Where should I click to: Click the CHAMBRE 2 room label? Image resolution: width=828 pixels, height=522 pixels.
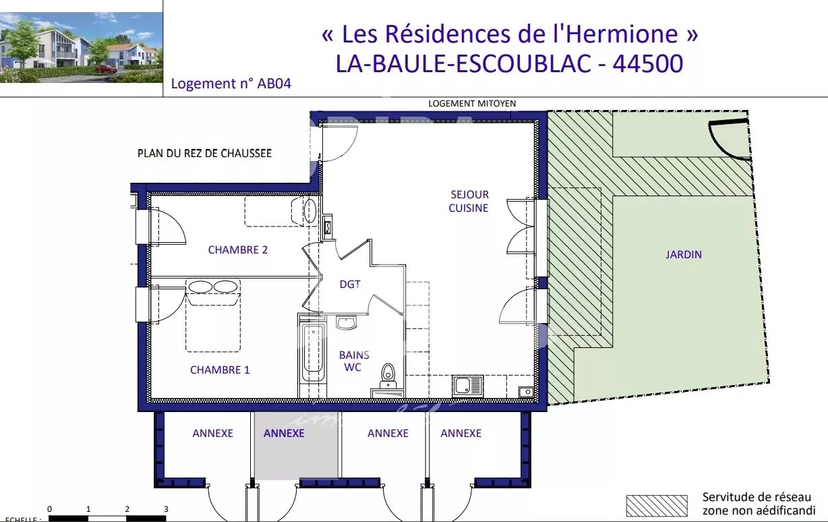coord(238,250)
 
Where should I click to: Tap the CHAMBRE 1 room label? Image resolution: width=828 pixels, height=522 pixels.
coord(220,370)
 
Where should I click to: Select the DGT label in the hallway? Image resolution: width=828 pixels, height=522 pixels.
coord(350,285)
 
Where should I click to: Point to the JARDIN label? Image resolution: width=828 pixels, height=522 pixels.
coord(684,254)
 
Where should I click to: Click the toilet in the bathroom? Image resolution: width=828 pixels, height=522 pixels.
coord(388,375)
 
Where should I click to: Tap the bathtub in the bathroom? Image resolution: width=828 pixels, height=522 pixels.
coord(313,352)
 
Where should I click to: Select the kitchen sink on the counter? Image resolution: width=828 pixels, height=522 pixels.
coord(467,386)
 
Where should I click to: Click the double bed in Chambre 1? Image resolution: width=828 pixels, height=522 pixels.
coord(213,316)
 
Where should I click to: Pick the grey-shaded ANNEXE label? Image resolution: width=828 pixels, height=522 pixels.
coord(284,433)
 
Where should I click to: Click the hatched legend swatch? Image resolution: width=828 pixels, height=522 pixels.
coord(657,506)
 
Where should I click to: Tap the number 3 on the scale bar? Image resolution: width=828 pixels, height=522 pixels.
coord(166,509)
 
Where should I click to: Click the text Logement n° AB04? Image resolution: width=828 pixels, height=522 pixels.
coord(231,84)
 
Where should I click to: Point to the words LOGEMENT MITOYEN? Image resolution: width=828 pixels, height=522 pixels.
coord(472,103)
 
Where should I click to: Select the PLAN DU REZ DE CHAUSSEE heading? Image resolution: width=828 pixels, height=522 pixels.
coord(204,153)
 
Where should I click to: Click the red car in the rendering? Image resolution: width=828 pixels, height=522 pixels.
coord(106,69)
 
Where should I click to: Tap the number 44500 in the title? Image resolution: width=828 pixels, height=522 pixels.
coord(647,63)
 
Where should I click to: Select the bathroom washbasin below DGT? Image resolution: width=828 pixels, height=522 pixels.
coord(347,322)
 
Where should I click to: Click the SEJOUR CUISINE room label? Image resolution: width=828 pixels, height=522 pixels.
coord(469,202)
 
